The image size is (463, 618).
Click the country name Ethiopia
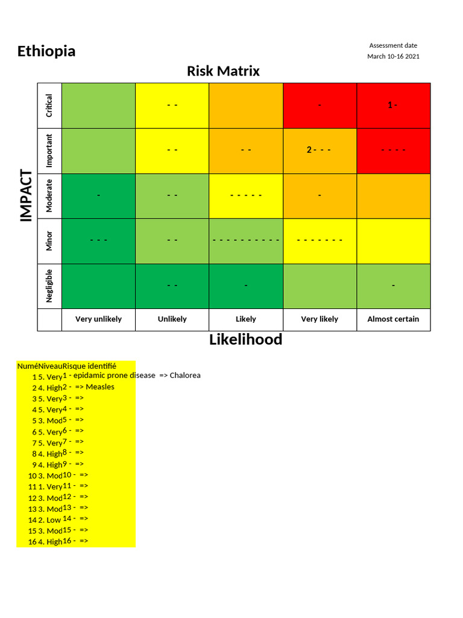click(x=46, y=51)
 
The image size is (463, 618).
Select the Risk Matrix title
click(x=223, y=71)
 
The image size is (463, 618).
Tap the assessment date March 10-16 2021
click(x=393, y=56)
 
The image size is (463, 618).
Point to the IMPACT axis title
click(x=26, y=196)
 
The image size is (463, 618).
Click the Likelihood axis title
click(x=245, y=339)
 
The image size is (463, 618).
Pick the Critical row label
click(x=49, y=105)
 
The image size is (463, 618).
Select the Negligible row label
click(x=49, y=285)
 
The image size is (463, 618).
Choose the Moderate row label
click(x=49, y=196)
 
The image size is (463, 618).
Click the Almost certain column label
click(x=393, y=319)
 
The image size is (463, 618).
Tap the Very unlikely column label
click(x=98, y=319)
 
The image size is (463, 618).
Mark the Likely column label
click(x=245, y=319)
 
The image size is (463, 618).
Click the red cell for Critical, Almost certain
click(x=393, y=105)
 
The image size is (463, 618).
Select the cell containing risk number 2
click(x=319, y=150)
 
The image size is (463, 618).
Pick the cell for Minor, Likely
click(x=245, y=240)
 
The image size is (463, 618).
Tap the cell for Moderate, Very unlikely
click(x=98, y=196)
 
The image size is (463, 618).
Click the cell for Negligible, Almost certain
click(x=393, y=285)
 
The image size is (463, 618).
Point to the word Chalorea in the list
click(x=185, y=375)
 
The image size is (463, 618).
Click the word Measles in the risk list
click(x=100, y=387)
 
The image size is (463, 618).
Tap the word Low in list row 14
click(x=53, y=520)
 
